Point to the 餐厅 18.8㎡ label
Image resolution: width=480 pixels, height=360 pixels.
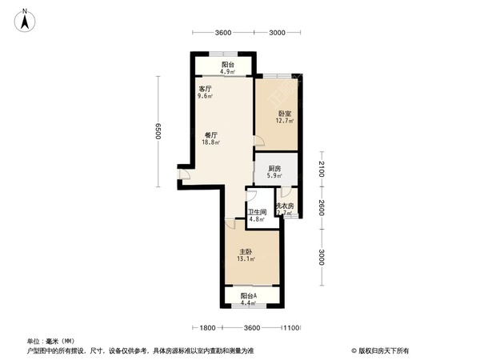coord(212,138)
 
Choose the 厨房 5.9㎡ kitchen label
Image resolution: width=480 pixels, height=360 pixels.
coord(274,172)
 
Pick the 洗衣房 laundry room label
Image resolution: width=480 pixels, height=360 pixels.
coord(286,209)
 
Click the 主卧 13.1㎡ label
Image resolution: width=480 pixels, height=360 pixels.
coord(246,254)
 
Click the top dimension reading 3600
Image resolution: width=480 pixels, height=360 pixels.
coord(222,33)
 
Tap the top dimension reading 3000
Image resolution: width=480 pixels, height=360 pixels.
coord(276,33)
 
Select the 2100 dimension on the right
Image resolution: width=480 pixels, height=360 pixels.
coord(321,170)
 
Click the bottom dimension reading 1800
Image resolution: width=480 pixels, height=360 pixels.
coord(208,327)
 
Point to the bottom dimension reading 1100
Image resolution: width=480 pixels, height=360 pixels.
coord(291,327)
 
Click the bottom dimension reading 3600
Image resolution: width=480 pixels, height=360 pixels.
coord(251,327)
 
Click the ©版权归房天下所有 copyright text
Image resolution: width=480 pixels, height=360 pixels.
coord(379,350)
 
